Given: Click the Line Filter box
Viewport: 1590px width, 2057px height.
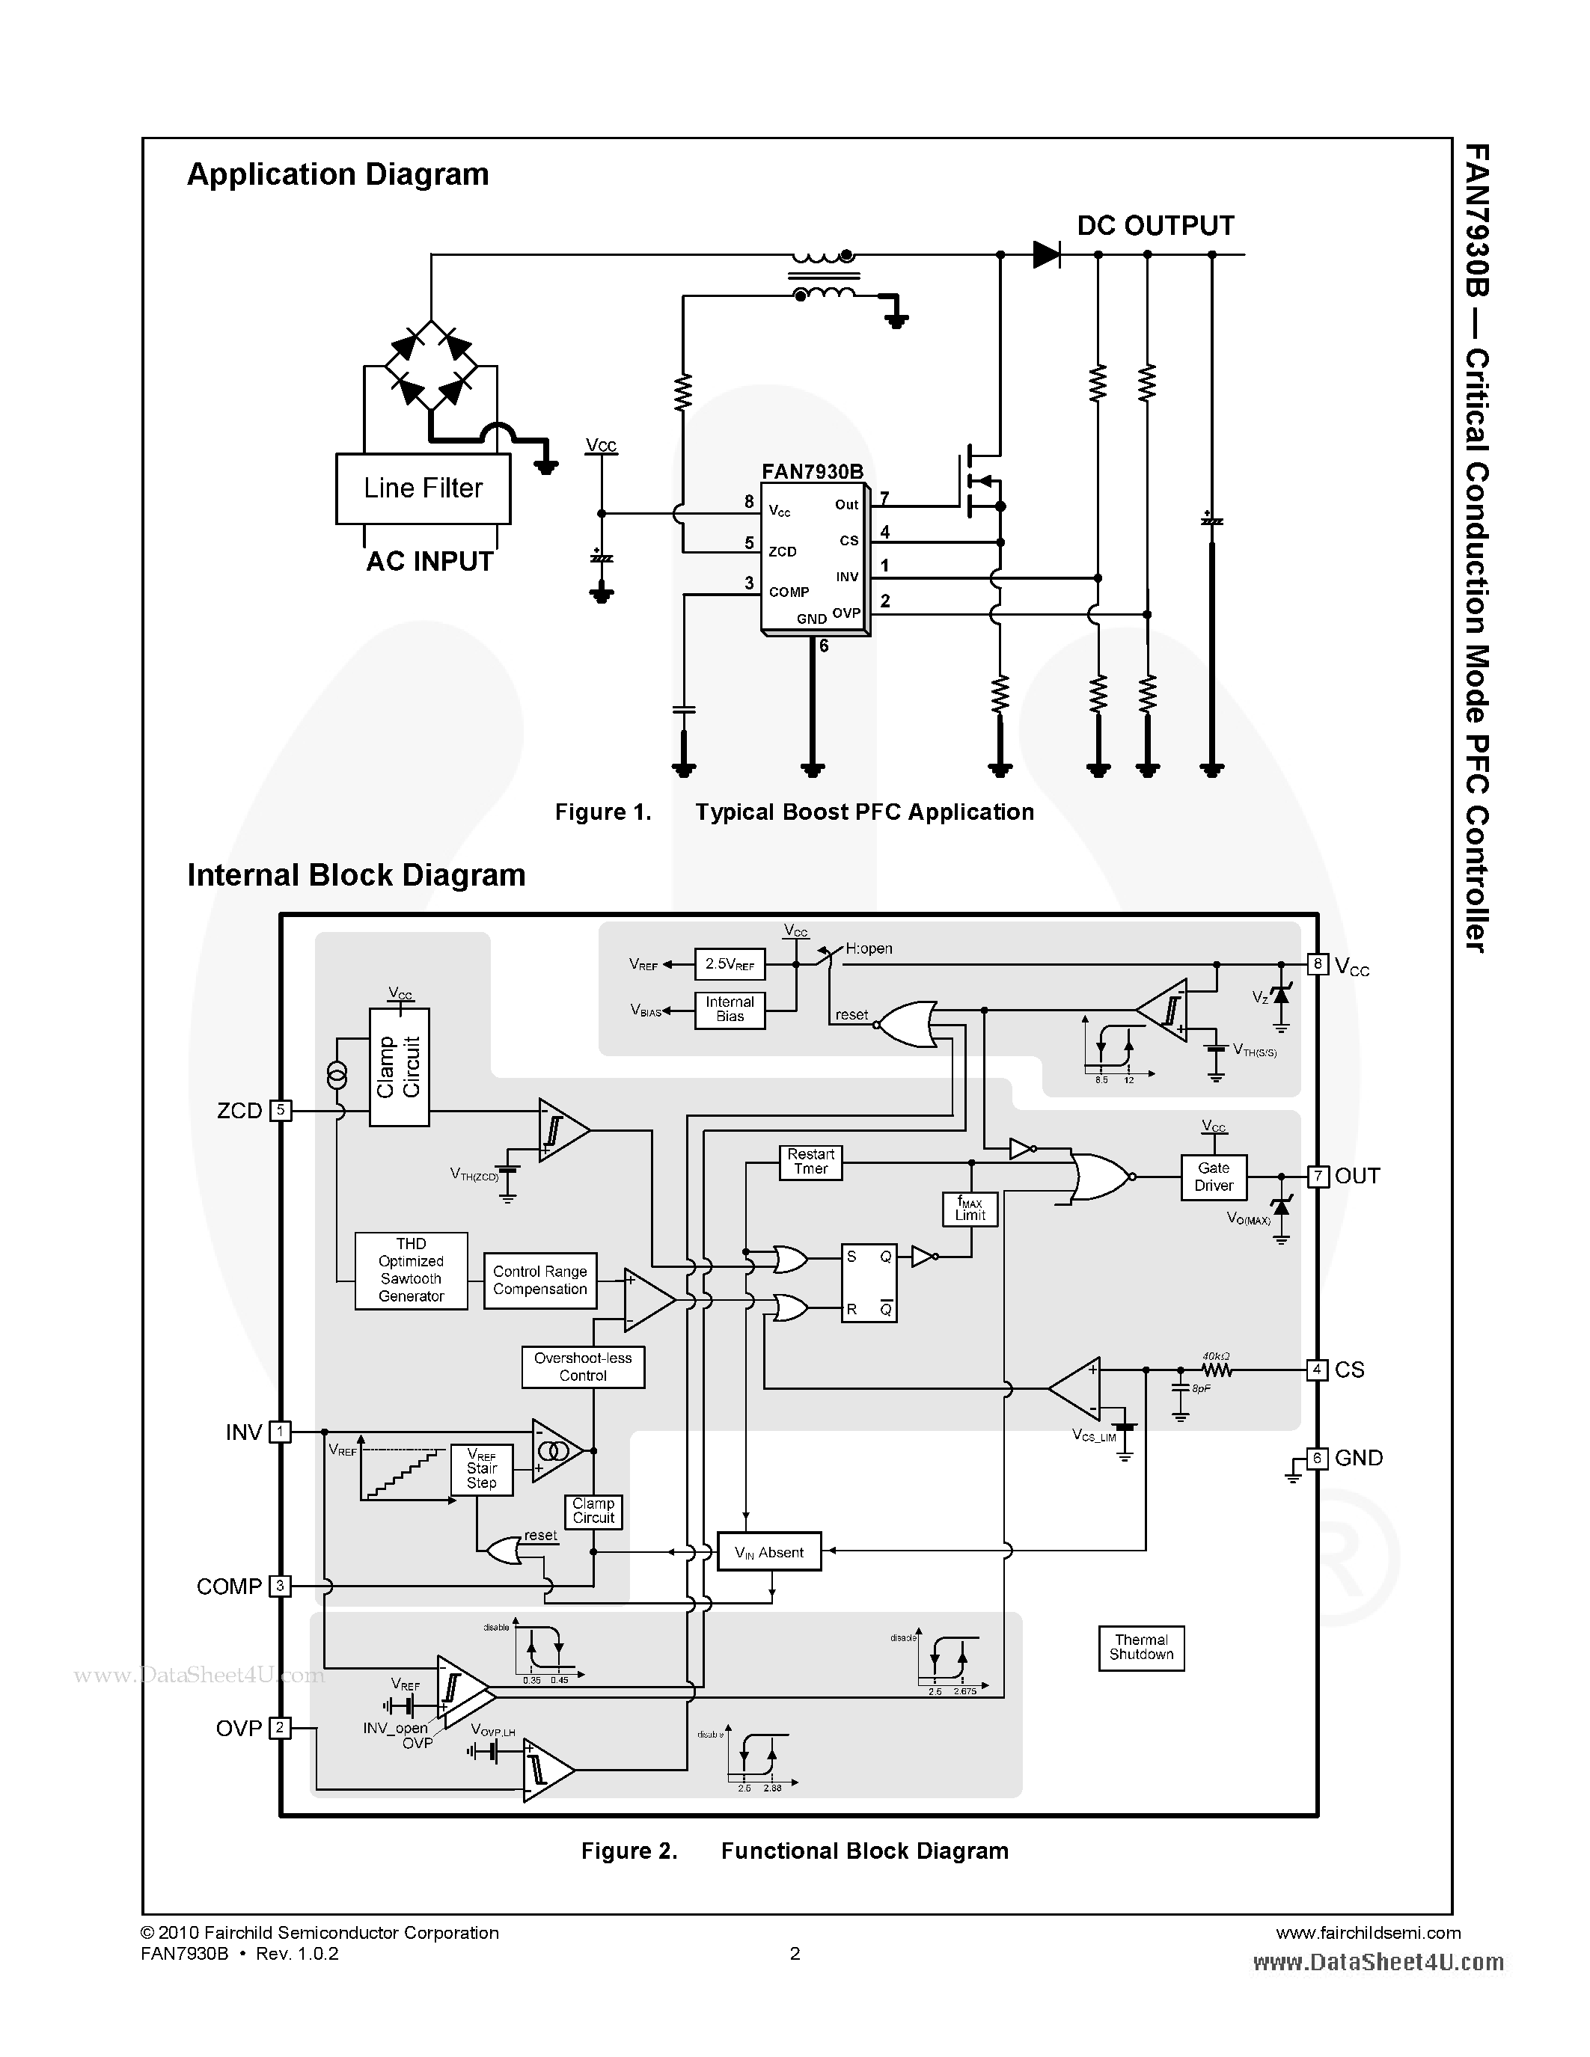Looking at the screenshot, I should click(x=423, y=488).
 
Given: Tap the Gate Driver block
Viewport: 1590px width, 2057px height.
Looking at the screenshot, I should click(x=1213, y=1177).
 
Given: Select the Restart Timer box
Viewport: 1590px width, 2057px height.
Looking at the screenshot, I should click(x=810, y=1162).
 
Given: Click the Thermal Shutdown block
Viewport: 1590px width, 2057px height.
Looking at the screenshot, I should click(x=1141, y=1647).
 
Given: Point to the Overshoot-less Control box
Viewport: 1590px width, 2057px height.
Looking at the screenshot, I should click(x=583, y=1367).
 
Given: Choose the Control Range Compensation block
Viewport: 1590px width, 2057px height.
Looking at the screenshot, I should click(x=539, y=1280).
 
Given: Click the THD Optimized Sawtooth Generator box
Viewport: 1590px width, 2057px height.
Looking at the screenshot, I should click(x=411, y=1271).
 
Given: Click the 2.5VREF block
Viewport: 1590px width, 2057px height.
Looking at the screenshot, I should click(x=729, y=963).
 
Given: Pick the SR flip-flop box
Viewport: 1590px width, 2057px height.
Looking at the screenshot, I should click(x=869, y=1283).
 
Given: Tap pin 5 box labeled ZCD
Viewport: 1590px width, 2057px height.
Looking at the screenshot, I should click(x=280, y=1111).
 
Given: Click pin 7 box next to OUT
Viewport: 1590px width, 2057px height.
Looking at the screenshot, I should click(x=1318, y=1177).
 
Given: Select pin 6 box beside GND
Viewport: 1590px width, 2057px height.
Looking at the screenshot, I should click(x=1318, y=1458).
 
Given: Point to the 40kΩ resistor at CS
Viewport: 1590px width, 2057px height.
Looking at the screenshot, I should click(x=1215, y=1370).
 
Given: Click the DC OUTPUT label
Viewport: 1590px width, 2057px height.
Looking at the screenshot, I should click(x=1155, y=226).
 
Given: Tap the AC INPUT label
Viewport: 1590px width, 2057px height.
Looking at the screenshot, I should click(x=429, y=561).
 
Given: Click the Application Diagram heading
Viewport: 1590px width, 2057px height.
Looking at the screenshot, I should click(x=337, y=174).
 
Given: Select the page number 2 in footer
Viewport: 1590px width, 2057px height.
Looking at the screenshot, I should click(x=795, y=1953).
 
